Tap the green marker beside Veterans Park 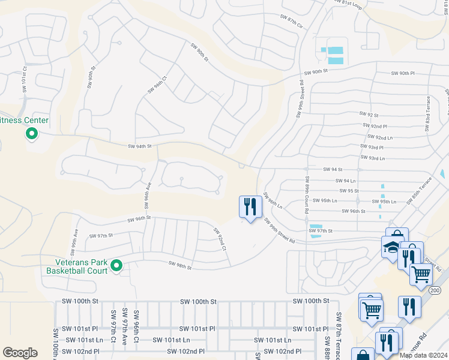coord(117,265)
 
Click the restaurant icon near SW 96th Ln coord(250,206)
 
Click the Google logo coord(20,353)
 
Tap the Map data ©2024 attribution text coord(424,355)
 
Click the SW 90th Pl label coord(403,73)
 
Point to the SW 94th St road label coord(140,146)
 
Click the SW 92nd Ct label coord(220,239)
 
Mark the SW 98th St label coord(180,265)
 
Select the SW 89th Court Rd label coord(307,195)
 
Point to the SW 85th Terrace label coord(419,190)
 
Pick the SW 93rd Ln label coord(372,158)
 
